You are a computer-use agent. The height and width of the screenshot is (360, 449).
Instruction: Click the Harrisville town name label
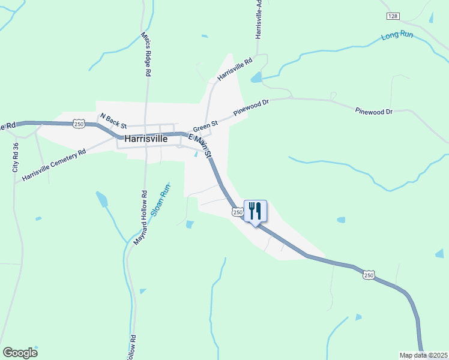[146, 138]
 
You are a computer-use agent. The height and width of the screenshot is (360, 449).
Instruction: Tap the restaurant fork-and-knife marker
[255, 211]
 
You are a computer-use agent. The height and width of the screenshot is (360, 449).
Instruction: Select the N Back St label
[113, 121]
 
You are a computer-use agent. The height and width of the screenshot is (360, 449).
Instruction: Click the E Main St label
[201, 146]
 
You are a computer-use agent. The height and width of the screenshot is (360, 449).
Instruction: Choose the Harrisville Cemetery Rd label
[54, 165]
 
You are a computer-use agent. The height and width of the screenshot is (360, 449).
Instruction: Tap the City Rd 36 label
[16, 157]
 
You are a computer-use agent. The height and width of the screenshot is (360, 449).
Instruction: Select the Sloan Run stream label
[161, 199]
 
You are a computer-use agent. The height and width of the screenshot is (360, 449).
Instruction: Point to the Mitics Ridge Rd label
[145, 54]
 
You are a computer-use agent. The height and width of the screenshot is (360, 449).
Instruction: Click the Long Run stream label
[397, 36]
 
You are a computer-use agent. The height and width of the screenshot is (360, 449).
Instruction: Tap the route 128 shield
[393, 16]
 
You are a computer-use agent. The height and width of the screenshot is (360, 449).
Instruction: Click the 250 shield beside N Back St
[79, 124]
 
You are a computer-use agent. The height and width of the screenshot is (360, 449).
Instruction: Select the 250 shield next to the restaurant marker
[237, 212]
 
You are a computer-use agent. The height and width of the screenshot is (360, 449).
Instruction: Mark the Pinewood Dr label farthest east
[373, 112]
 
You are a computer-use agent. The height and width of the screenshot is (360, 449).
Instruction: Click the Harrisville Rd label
[235, 69]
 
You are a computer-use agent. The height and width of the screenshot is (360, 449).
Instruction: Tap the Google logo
[20, 353]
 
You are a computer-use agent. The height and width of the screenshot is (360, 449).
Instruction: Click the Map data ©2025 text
[424, 355]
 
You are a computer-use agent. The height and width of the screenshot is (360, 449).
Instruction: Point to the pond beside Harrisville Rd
[256, 77]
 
